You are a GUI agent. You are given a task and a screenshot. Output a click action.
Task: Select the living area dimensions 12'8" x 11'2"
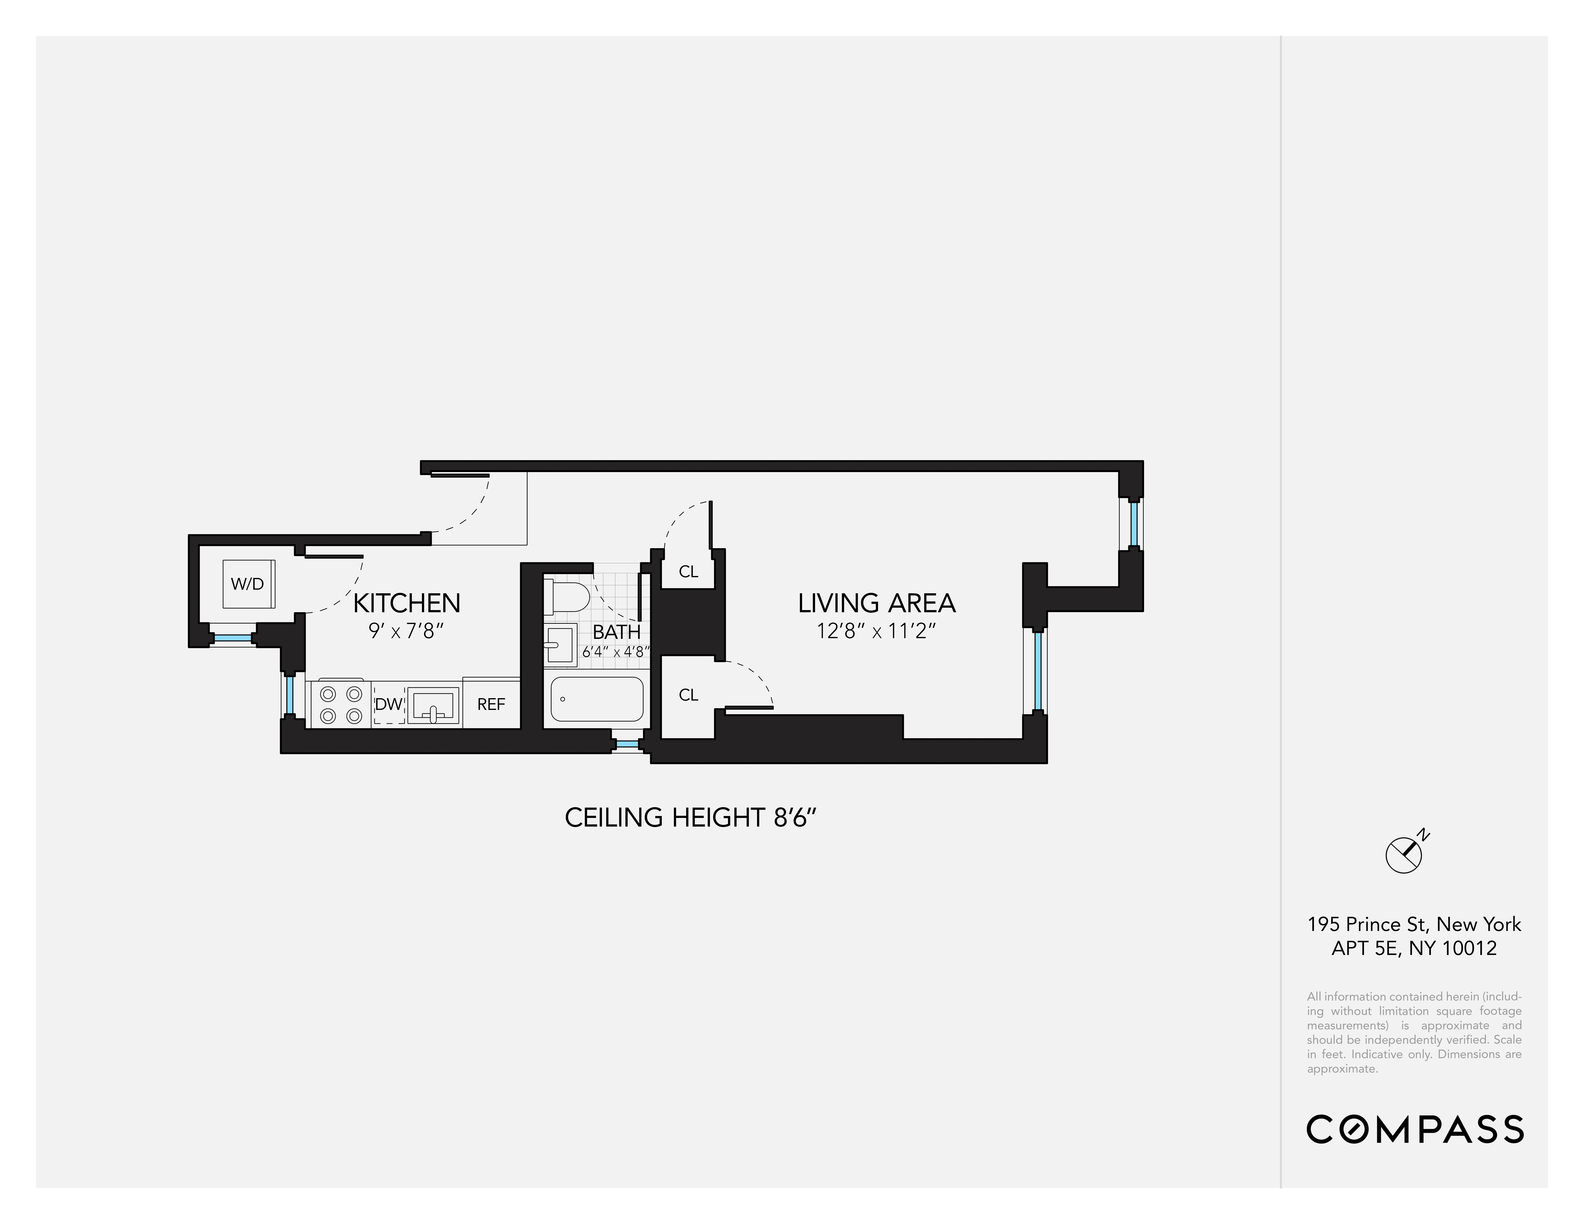tap(876, 632)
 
